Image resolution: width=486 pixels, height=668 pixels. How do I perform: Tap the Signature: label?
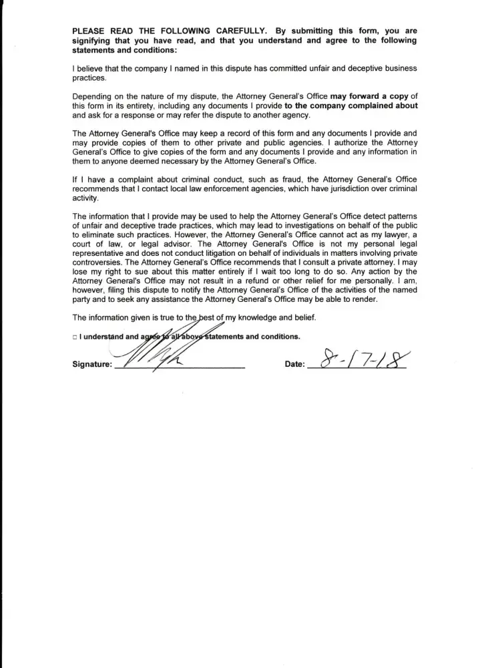92,365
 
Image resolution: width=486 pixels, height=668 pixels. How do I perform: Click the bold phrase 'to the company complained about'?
351,106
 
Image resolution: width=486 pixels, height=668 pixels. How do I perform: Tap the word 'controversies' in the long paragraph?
95,263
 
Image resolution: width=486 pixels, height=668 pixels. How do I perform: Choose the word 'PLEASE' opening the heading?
88,31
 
